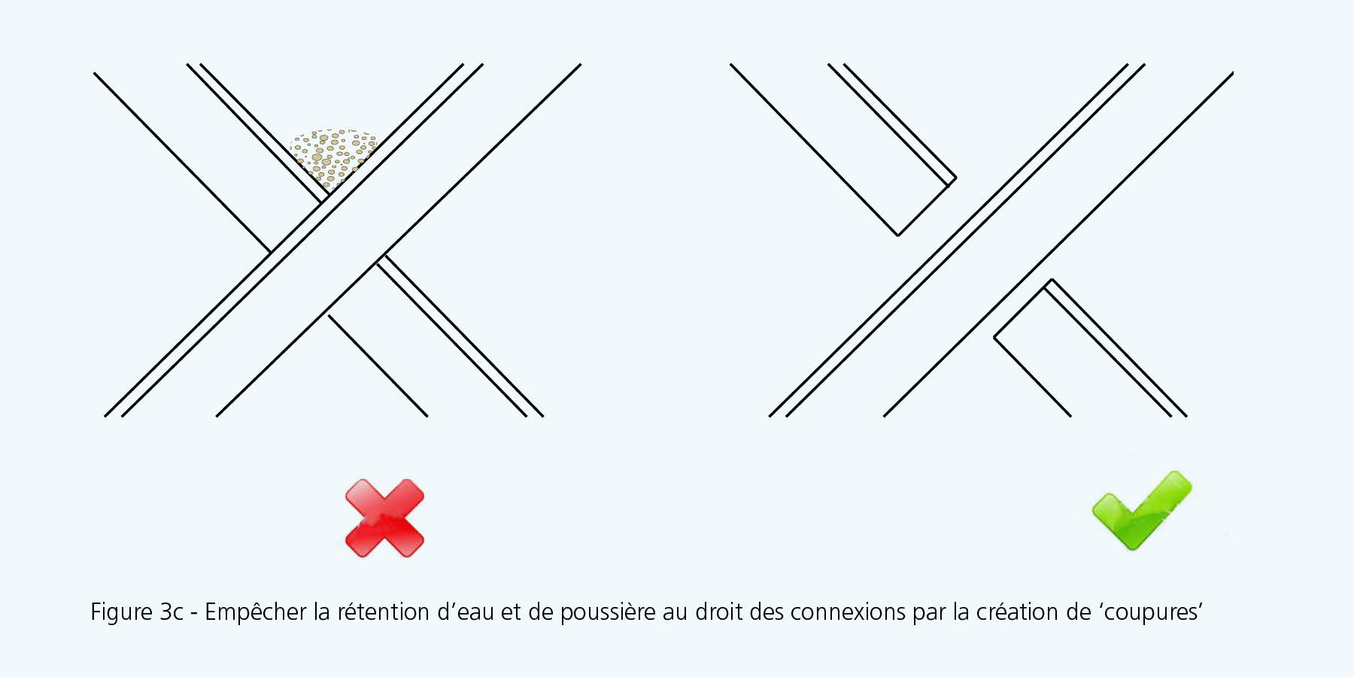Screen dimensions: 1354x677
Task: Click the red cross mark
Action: [x=384, y=518]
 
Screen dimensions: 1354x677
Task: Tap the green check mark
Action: [x=1142, y=511]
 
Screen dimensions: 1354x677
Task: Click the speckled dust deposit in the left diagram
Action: [x=333, y=156]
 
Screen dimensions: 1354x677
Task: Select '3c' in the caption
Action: [x=172, y=612]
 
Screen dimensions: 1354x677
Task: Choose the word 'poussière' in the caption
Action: [x=608, y=612]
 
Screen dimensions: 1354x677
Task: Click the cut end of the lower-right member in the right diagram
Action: [x=1023, y=308]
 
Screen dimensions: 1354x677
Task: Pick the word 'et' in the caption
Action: [x=511, y=612]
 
